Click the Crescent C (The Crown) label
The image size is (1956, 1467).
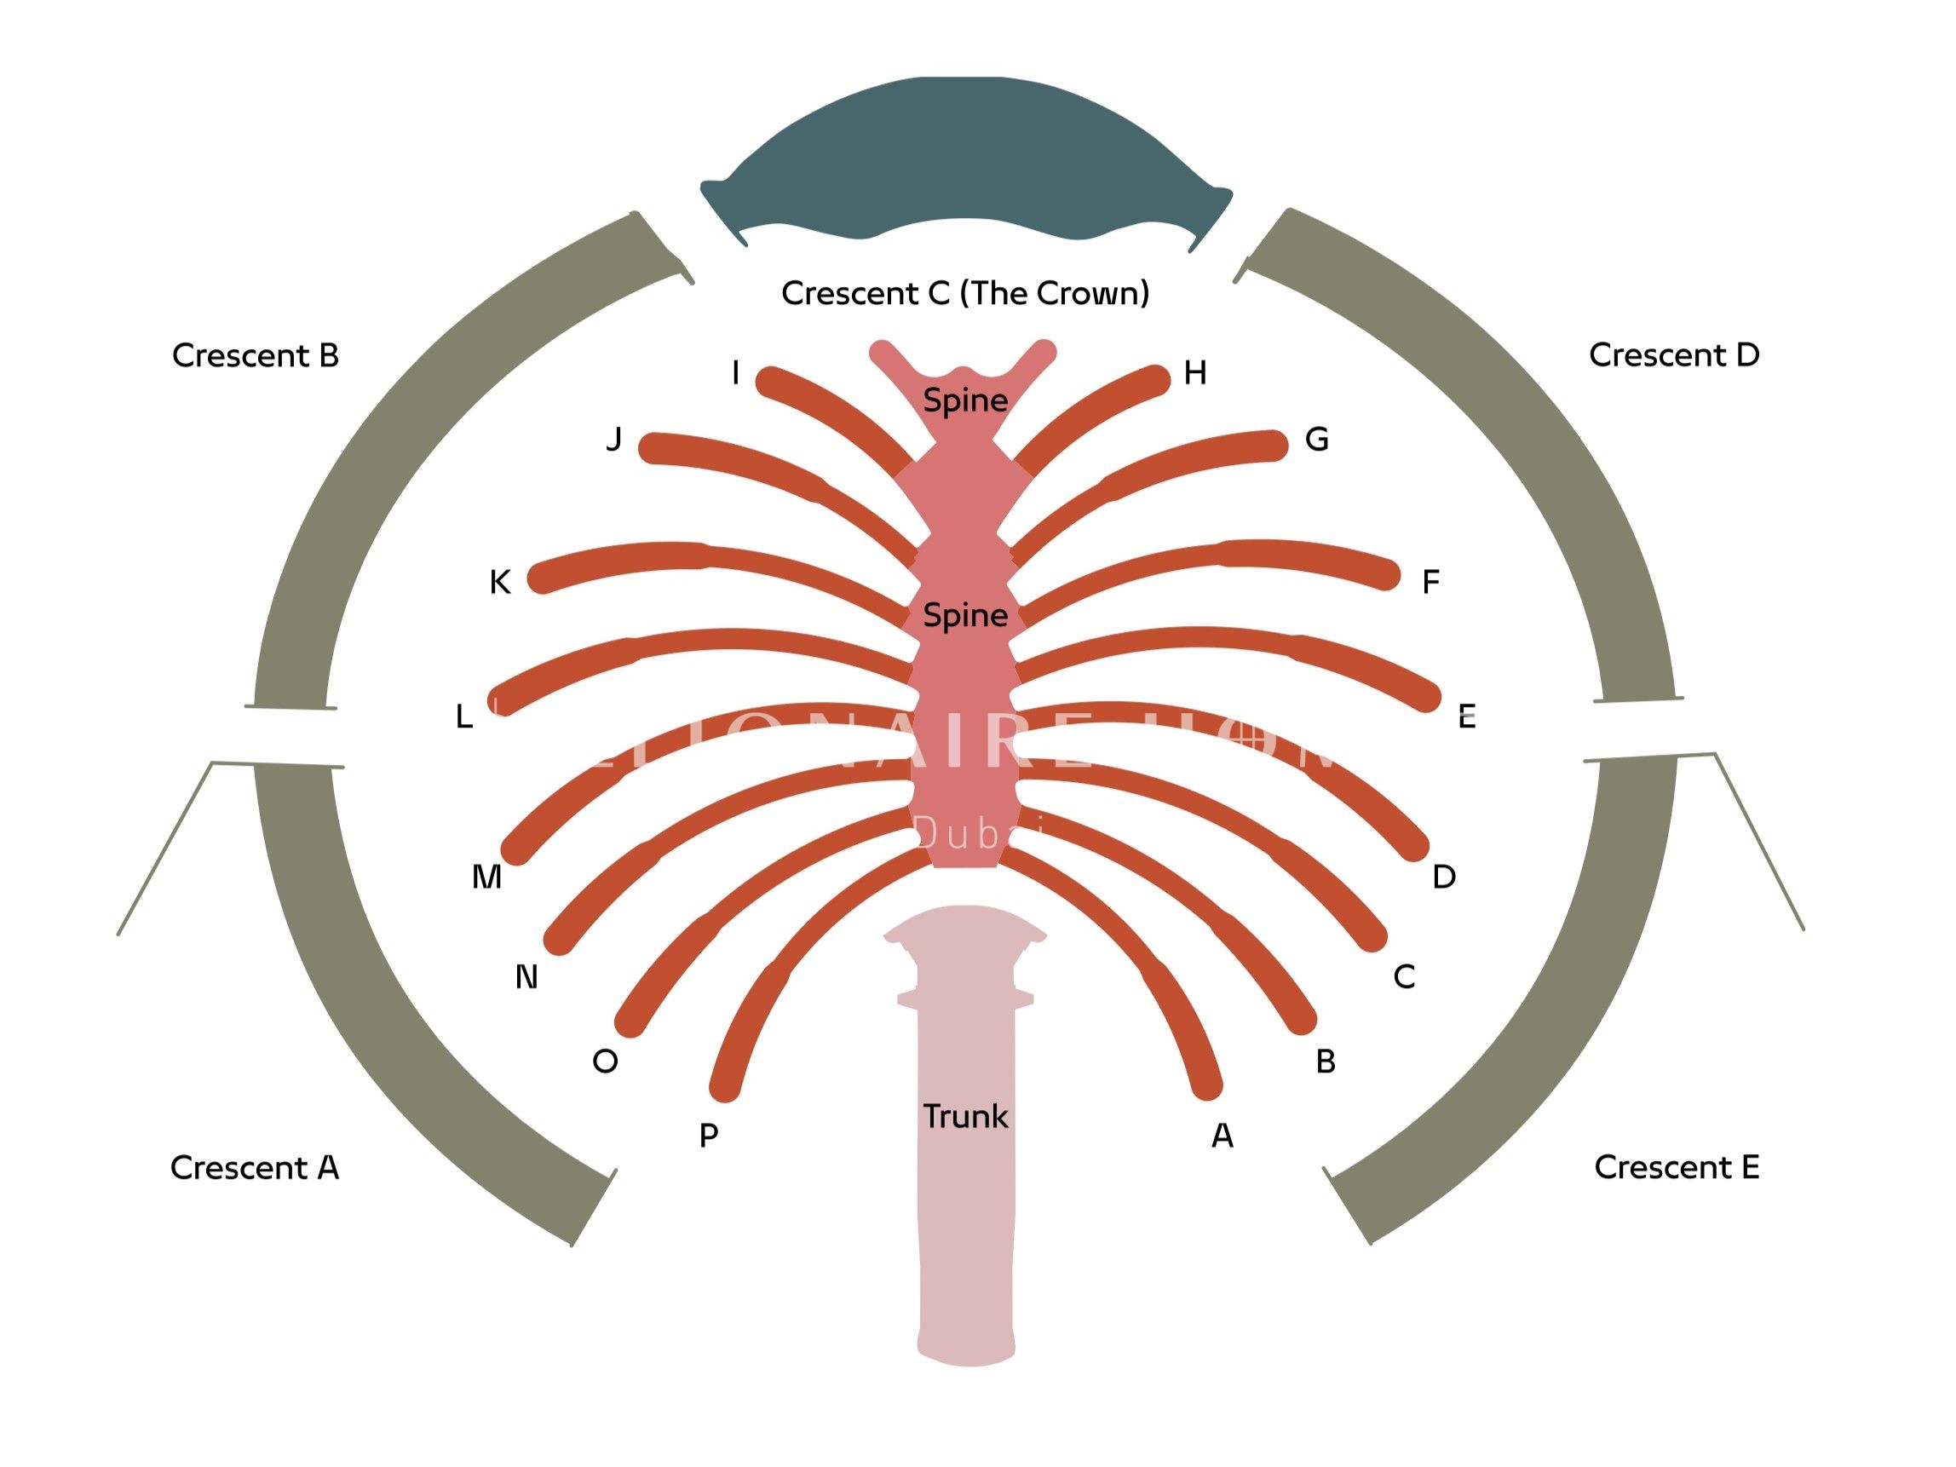964,293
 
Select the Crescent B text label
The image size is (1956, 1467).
255,355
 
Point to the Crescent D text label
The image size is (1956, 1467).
1673,354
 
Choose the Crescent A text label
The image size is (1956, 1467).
254,1167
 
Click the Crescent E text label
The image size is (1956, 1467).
1676,1166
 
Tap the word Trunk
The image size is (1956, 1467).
964,1116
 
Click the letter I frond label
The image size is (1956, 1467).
735,373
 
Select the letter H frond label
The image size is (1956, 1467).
1194,373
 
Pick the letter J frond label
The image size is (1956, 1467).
613,439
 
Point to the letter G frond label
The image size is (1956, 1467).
1317,439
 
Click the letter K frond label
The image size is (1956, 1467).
499,582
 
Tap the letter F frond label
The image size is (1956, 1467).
1430,582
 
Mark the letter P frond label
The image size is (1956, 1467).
708,1135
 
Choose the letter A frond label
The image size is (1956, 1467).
1222,1135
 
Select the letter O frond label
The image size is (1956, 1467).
605,1061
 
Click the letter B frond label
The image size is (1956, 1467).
1325,1061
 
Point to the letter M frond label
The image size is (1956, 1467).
486,877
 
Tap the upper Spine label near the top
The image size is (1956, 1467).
964,400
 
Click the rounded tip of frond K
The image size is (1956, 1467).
541,578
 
